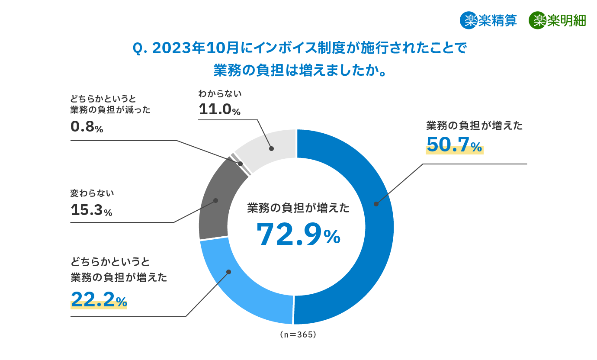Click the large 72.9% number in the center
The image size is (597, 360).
pyautogui.click(x=298, y=235)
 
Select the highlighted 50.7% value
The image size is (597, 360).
pyautogui.click(x=454, y=145)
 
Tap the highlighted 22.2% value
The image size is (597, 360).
pyautogui.click(x=99, y=299)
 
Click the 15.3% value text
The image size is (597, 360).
pyautogui.click(x=91, y=210)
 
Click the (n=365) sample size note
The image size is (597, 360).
pyautogui.click(x=298, y=334)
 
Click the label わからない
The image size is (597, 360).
pyautogui.click(x=220, y=93)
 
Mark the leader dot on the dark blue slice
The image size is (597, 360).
pyautogui.click(x=376, y=204)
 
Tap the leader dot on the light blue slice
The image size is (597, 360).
pyautogui.click(x=229, y=272)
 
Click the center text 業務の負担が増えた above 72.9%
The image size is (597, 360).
pyautogui.click(x=298, y=208)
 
